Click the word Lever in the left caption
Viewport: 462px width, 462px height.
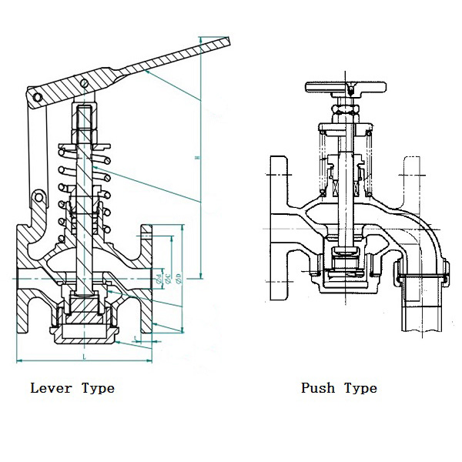(51, 387)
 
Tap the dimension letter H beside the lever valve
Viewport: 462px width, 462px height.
(197, 159)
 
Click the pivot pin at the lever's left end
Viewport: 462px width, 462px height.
(35, 97)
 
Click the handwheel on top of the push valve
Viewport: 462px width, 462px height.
(350, 85)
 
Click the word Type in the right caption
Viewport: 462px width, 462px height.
(360, 387)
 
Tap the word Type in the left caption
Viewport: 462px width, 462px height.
(97, 387)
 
